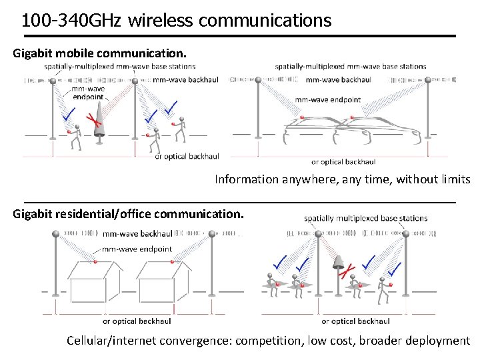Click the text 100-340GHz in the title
(x=71, y=21)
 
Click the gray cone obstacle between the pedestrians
(x=99, y=119)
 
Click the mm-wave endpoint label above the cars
(x=327, y=99)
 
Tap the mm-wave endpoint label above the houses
(x=137, y=249)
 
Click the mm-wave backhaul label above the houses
(x=137, y=234)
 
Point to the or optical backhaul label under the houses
(x=137, y=321)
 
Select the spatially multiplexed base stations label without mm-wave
(x=365, y=218)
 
